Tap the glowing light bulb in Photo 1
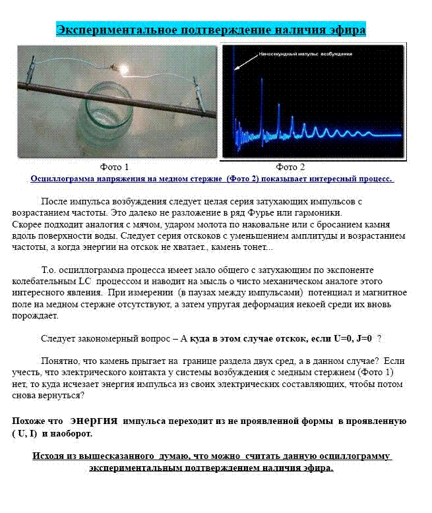point(121,67)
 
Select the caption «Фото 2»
point(290,167)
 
